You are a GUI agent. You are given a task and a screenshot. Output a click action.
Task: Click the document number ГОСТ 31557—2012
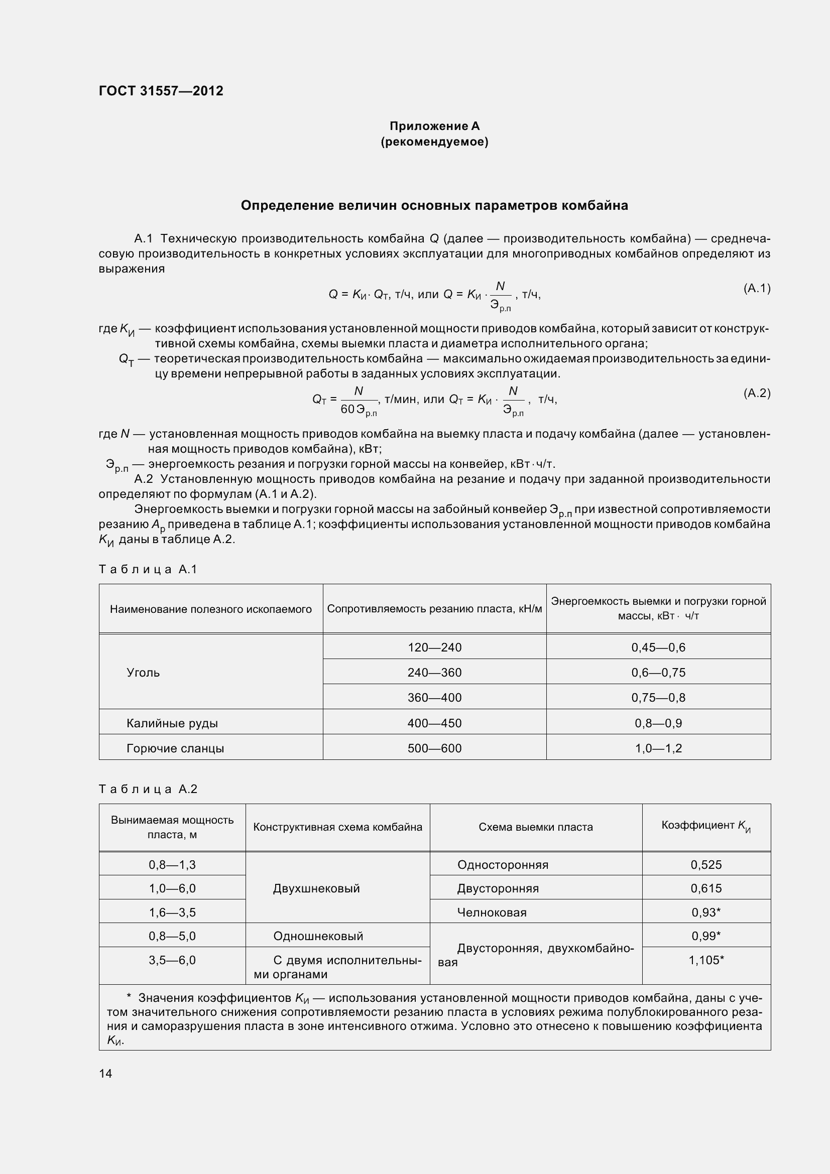tap(161, 91)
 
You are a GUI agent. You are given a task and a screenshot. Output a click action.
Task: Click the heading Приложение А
tap(434, 126)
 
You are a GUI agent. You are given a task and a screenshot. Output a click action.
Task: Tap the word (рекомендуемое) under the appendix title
tap(434, 142)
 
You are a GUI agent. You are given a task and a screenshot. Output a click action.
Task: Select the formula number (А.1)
tap(756, 289)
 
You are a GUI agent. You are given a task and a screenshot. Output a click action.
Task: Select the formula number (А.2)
tap(756, 393)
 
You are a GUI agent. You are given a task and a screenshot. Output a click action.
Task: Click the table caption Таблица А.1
tap(148, 569)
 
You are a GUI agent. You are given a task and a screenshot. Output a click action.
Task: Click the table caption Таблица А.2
tap(148, 789)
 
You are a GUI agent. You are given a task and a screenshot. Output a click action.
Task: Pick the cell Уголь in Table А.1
tap(143, 673)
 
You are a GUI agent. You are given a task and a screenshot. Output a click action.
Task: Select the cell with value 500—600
tap(434, 748)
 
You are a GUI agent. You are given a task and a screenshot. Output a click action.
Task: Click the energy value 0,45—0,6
tap(658, 647)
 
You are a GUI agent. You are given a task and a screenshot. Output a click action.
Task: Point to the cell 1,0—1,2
tap(658, 748)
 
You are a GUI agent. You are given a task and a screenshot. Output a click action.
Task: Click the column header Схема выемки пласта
tap(535, 827)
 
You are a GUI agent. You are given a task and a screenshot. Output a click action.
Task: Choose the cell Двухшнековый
tap(316, 888)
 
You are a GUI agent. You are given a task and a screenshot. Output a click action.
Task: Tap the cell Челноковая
tap(492, 912)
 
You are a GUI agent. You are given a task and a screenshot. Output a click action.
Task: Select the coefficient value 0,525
tap(706, 865)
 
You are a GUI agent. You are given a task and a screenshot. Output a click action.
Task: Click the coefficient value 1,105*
tap(706, 960)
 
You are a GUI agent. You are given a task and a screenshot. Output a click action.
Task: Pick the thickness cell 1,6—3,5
tap(172, 912)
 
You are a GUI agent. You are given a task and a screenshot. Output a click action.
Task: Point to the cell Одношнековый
tap(317, 936)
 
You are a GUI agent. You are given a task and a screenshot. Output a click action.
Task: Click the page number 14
tap(105, 1073)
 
